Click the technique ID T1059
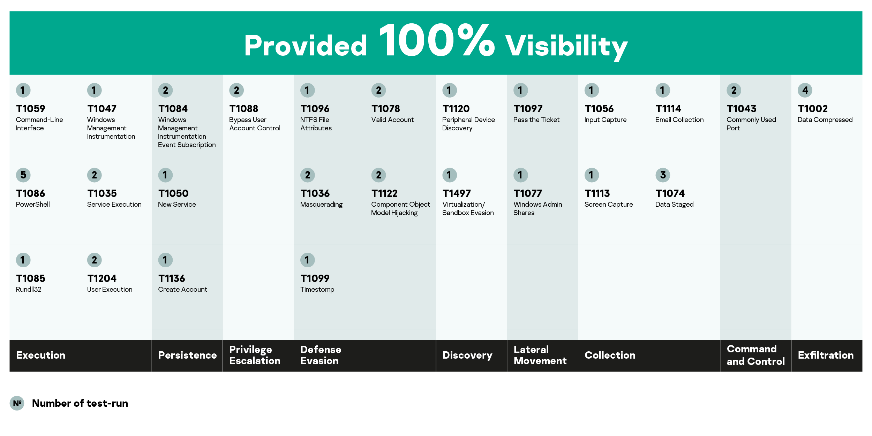pos(31,109)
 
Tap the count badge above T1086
pos(23,175)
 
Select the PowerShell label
pos(33,205)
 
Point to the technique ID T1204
pos(102,278)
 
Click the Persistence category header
pos(187,355)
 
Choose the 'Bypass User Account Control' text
pos(255,124)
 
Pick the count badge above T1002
pos(805,90)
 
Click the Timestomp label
pos(317,290)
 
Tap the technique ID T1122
pos(384,193)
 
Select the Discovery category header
pos(467,355)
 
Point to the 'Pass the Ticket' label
pos(536,120)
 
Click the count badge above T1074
pos(663,175)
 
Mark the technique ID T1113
pos(597,193)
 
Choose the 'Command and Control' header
pos(756,355)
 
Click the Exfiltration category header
pos(826,355)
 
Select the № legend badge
pos(17,403)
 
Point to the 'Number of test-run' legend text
pos(80,403)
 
